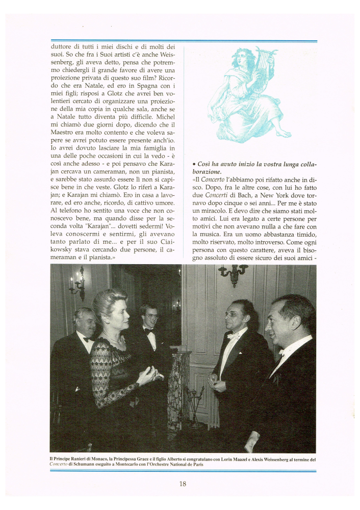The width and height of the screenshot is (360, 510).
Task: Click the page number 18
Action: click(183, 484)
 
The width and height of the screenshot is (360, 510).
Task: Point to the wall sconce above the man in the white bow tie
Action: click(232, 274)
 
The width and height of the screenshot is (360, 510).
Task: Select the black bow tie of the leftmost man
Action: click(87, 339)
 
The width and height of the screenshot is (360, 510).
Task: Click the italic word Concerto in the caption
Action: click(59, 465)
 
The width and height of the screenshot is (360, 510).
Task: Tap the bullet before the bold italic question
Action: click(195, 165)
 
